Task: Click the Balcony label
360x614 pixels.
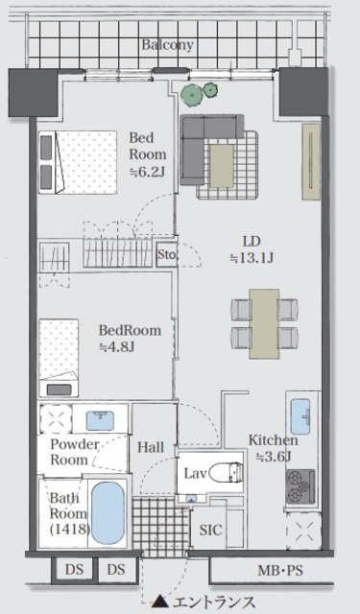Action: coord(167,45)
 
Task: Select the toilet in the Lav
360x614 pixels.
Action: coord(227,472)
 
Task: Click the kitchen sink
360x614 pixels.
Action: coord(300,416)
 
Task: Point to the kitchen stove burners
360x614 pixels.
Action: coord(300,486)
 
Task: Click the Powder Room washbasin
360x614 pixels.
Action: coord(100,420)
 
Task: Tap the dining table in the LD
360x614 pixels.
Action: coord(264,323)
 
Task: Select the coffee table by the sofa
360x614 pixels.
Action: coord(223,166)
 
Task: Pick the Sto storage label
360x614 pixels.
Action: coord(166,254)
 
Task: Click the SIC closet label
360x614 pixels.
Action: coord(210,530)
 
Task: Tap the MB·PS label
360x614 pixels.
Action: coord(280,570)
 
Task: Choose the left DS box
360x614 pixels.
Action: coord(75,569)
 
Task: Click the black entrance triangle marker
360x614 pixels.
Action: coord(159,602)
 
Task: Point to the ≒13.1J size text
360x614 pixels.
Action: coord(252,258)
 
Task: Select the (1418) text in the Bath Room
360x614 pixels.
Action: coord(69,530)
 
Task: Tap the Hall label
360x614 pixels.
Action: coord(151,447)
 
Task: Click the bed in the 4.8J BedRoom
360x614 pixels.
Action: coord(59,358)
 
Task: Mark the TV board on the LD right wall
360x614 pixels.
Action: coord(311,162)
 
